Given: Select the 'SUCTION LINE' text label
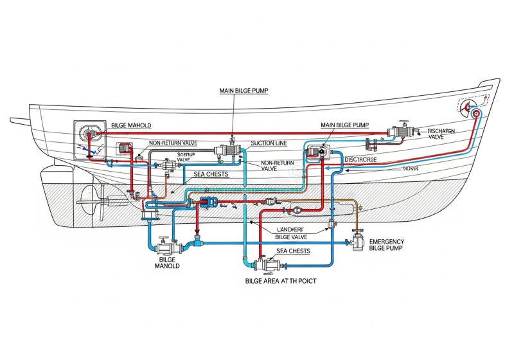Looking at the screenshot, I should pos(269,143).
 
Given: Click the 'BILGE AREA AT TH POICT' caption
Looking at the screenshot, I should pos(281,281).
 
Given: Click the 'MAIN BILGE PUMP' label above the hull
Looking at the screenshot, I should pos(244,91).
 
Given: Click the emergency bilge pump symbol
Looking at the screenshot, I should pos(357,242).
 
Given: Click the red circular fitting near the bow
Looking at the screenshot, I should pos(476,114).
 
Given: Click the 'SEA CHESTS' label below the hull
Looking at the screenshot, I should pos(293,251).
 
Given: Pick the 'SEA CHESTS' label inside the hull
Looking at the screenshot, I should pos(211,174).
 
